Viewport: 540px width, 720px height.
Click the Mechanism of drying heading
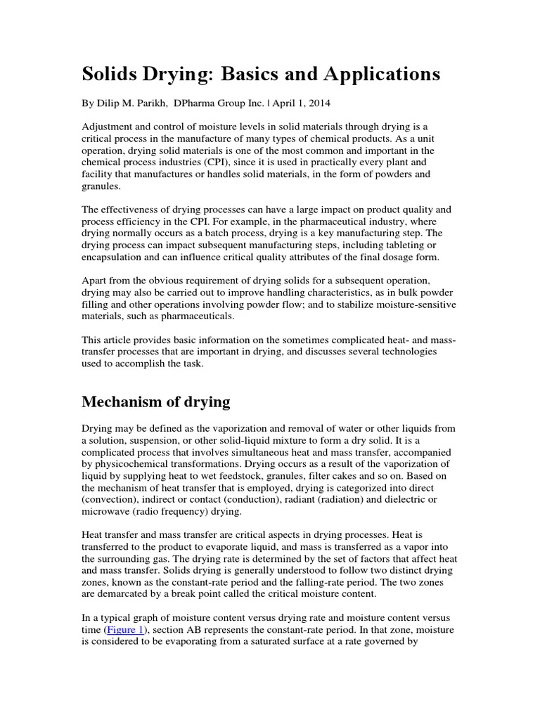155,402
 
